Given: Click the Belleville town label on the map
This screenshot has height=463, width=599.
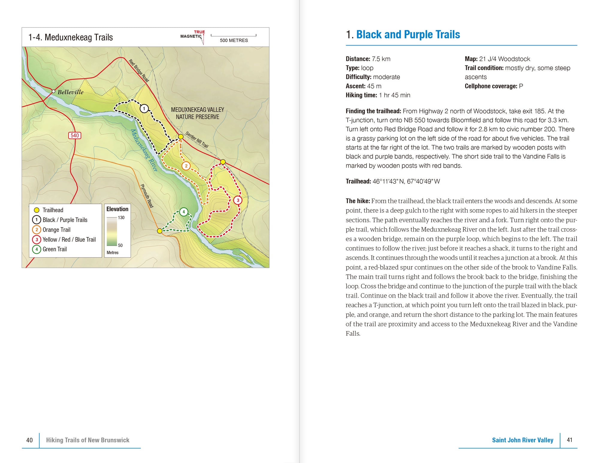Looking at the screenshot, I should (70, 92).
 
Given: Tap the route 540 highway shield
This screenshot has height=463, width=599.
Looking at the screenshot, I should (75, 135).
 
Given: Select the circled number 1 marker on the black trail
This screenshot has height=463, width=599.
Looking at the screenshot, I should (144, 108).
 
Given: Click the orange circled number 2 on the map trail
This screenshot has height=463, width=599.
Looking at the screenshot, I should (186, 166).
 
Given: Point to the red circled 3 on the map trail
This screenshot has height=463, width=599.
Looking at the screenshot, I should (238, 200).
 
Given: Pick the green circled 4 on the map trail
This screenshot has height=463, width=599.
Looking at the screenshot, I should (184, 212).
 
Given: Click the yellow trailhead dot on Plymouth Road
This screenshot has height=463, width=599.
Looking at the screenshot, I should (160, 231).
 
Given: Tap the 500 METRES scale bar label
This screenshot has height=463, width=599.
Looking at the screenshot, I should (234, 40).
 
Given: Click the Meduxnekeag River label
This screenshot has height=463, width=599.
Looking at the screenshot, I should (144, 150).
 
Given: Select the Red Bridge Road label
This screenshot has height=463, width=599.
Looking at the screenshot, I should (139, 71).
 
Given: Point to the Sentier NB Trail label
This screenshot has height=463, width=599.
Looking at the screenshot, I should (197, 140).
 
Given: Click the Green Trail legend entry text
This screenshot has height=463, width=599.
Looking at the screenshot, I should (55, 249).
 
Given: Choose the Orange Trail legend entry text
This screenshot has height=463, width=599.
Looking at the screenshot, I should (56, 230).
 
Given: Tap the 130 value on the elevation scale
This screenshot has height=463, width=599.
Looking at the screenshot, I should (121, 218).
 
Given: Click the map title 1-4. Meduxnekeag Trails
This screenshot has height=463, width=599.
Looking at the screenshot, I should (71, 37).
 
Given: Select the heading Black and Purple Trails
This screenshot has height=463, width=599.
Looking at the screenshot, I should (408, 35).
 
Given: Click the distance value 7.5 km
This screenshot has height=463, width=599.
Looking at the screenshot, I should (381, 59).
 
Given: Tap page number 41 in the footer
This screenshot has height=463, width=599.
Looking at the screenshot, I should (569, 440).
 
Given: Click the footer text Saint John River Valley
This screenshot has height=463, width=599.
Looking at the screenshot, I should (522, 440).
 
